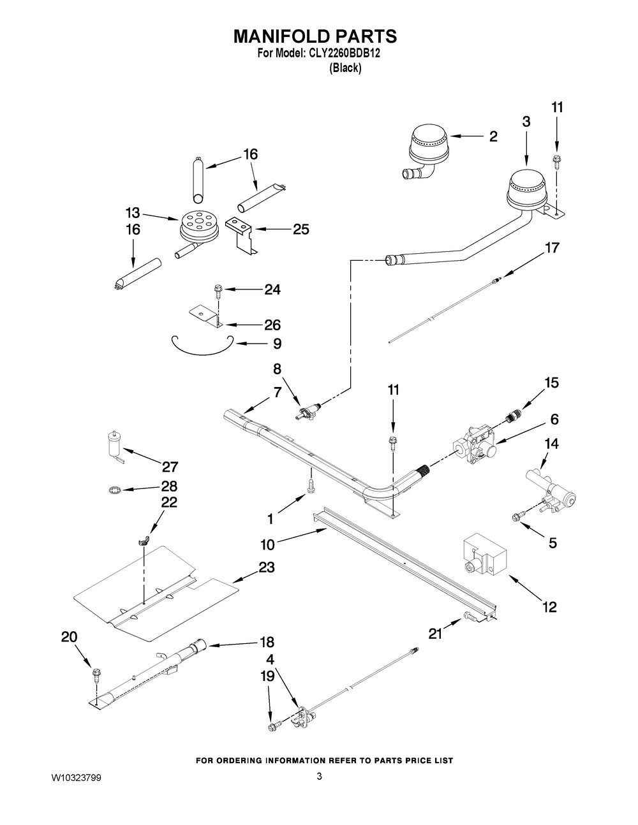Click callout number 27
tap(170, 467)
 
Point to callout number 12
tap(549, 607)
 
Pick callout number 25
tap(300, 230)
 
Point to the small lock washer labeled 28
tap(114, 490)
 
